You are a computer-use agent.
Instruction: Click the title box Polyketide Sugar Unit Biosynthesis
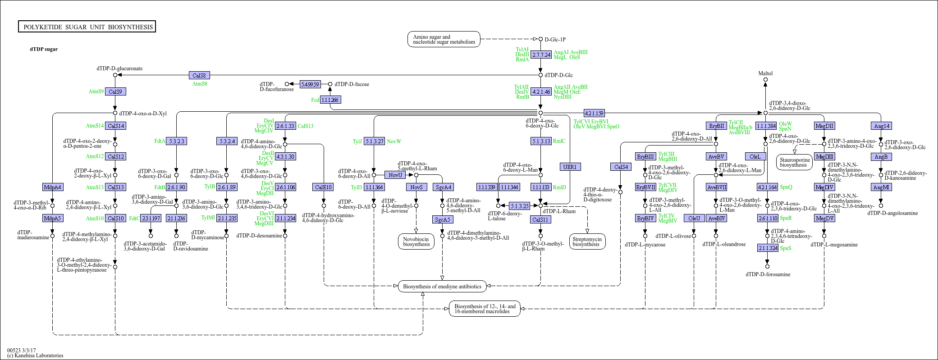click(x=87, y=27)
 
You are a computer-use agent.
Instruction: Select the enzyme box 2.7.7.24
click(x=541, y=55)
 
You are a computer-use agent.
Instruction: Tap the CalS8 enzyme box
click(x=199, y=75)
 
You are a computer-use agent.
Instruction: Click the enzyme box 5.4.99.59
click(x=310, y=84)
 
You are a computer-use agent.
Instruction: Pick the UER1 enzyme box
click(x=570, y=167)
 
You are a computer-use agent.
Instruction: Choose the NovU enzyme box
click(x=395, y=175)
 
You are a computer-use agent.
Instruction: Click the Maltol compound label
click(x=765, y=73)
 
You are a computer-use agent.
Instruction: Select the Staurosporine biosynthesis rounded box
click(x=794, y=163)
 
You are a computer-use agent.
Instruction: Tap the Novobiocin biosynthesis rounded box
click(x=416, y=242)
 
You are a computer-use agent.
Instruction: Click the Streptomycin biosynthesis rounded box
click(x=586, y=242)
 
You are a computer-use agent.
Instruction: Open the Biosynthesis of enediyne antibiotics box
click(x=442, y=286)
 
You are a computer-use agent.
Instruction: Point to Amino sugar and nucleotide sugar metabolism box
click(x=444, y=39)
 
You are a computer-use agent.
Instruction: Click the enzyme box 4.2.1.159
click(x=594, y=113)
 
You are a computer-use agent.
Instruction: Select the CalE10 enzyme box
click(x=323, y=187)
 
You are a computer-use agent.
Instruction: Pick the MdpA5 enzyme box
click(x=52, y=218)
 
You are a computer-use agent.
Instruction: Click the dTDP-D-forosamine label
click(x=768, y=274)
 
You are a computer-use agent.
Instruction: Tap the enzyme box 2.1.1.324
click(x=768, y=248)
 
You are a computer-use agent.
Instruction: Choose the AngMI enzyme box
click(x=881, y=187)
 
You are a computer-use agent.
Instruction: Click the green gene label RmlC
click(x=559, y=141)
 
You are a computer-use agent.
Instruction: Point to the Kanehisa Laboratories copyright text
click(x=35, y=355)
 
